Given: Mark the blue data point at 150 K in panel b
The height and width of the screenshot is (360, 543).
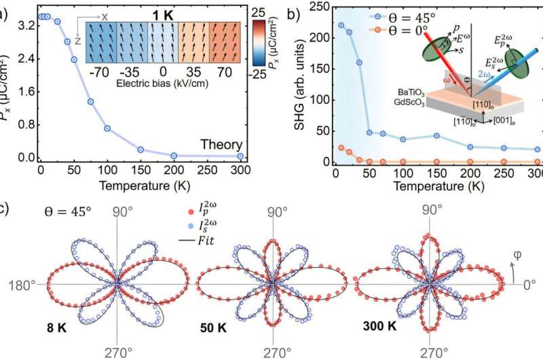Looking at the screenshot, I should [x=436, y=135].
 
